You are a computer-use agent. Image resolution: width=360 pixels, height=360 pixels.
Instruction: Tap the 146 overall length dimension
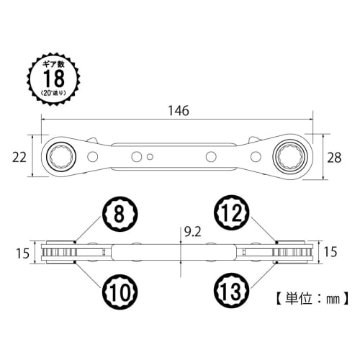tap(178, 111)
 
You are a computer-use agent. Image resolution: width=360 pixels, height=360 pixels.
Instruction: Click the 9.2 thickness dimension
tap(193, 232)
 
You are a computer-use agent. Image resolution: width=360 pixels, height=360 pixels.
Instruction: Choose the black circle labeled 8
tap(116, 214)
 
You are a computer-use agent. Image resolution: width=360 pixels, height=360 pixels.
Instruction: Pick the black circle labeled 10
tap(116, 291)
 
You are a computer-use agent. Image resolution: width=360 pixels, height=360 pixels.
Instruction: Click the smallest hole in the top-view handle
tap(149, 156)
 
